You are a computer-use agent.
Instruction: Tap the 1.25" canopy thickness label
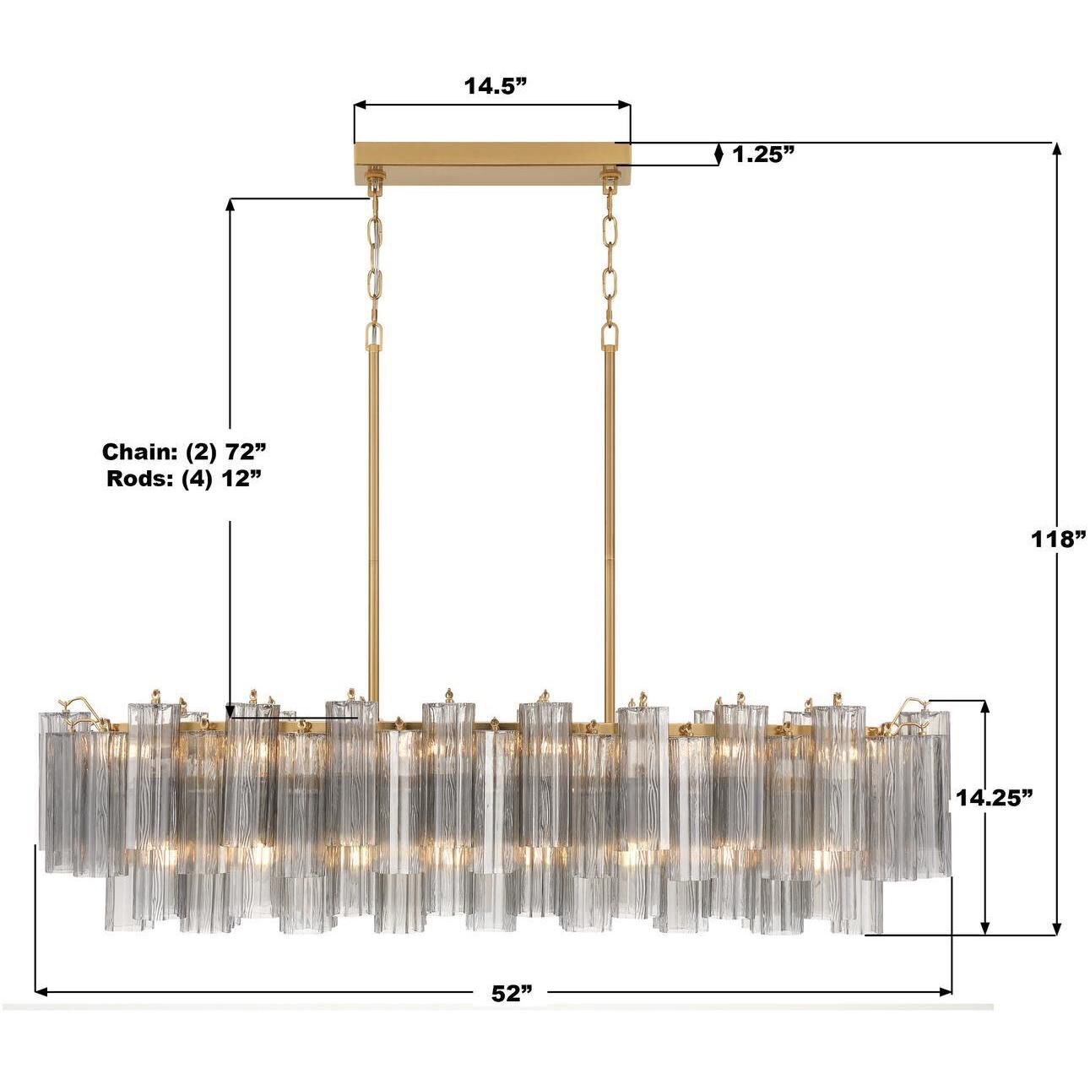tap(764, 154)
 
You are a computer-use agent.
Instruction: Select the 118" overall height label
tap(1057, 539)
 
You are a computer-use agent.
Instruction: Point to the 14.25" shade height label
tap(995, 797)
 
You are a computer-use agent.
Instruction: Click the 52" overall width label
tap(512, 994)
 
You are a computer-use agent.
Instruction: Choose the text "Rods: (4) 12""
tap(185, 479)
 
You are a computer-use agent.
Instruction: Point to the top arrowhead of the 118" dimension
tap(1055, 149)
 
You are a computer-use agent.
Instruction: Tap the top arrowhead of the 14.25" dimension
tap(984, 707)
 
